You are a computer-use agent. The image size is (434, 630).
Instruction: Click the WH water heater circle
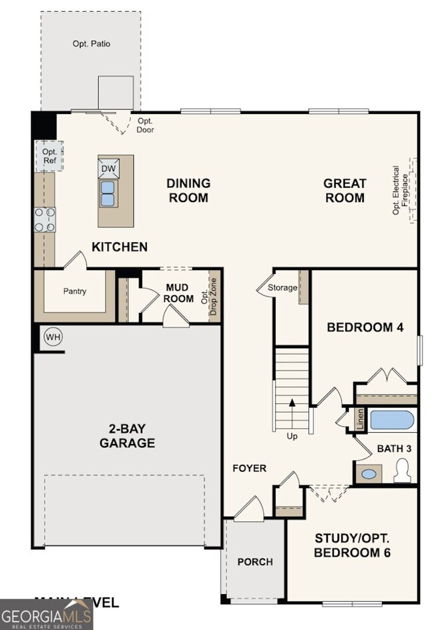tap(53, 337)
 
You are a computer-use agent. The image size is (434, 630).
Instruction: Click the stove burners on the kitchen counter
tap(45, 219)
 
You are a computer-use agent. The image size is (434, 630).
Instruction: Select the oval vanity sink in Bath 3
tap(368, 475)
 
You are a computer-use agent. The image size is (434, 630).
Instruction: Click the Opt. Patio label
tap(91, 44)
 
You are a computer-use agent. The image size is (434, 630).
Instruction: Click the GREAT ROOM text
tap(345, 191)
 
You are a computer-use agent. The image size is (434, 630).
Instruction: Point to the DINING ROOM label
tap(188, 191)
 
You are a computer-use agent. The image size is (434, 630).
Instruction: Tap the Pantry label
tap(75, 291)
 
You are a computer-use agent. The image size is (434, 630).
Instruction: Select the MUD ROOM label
tap(179, 293)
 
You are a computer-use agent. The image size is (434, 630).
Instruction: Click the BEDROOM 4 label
tap(365, 327)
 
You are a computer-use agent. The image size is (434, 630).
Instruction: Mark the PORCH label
tap(255, 561)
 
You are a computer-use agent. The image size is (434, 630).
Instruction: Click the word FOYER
tap(249, 468)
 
